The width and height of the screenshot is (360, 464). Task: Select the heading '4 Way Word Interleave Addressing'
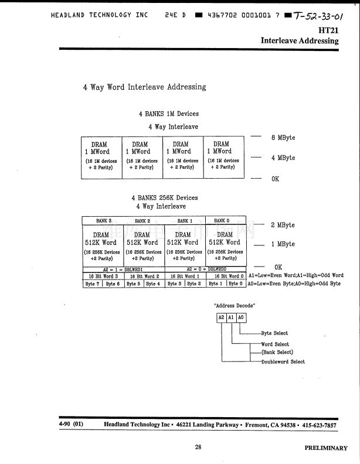click(144, 87)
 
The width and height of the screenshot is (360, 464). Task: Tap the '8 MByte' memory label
click(283, 138)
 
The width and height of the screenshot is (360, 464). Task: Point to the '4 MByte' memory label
click(283, 158)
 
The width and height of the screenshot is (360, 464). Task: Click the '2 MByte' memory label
click(283, 226)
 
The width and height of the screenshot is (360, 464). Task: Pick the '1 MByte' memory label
click(283, 244)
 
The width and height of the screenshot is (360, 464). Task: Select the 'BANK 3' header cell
click(104, 221)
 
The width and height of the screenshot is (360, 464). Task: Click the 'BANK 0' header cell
click(222, 221)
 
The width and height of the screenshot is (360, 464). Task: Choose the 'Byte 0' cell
click(236, 284)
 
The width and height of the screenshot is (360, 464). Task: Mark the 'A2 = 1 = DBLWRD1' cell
click(124, 269)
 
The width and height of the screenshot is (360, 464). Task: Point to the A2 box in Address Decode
click(221, 317)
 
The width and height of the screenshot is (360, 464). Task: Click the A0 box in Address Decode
click(241, 317)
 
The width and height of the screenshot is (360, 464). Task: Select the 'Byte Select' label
click(274, 333)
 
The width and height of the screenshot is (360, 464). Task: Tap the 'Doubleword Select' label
click(283, 362)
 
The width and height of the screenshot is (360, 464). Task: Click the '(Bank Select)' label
click(277, 353)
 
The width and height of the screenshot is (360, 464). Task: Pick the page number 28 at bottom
click(198, 447)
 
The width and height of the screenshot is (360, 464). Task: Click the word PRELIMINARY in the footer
click(326, 448)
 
